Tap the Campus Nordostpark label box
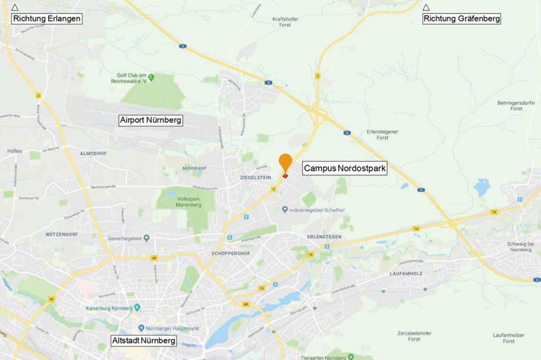coord(344,169)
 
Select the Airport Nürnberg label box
coord(150,120)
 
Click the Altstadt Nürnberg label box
coord(143,340)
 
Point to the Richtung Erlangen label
coord(47,18)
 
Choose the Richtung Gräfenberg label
coord(462,18)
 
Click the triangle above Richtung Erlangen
coord(15,8)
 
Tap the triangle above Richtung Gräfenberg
coord(426,8)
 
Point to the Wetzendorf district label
coord(62,234)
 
